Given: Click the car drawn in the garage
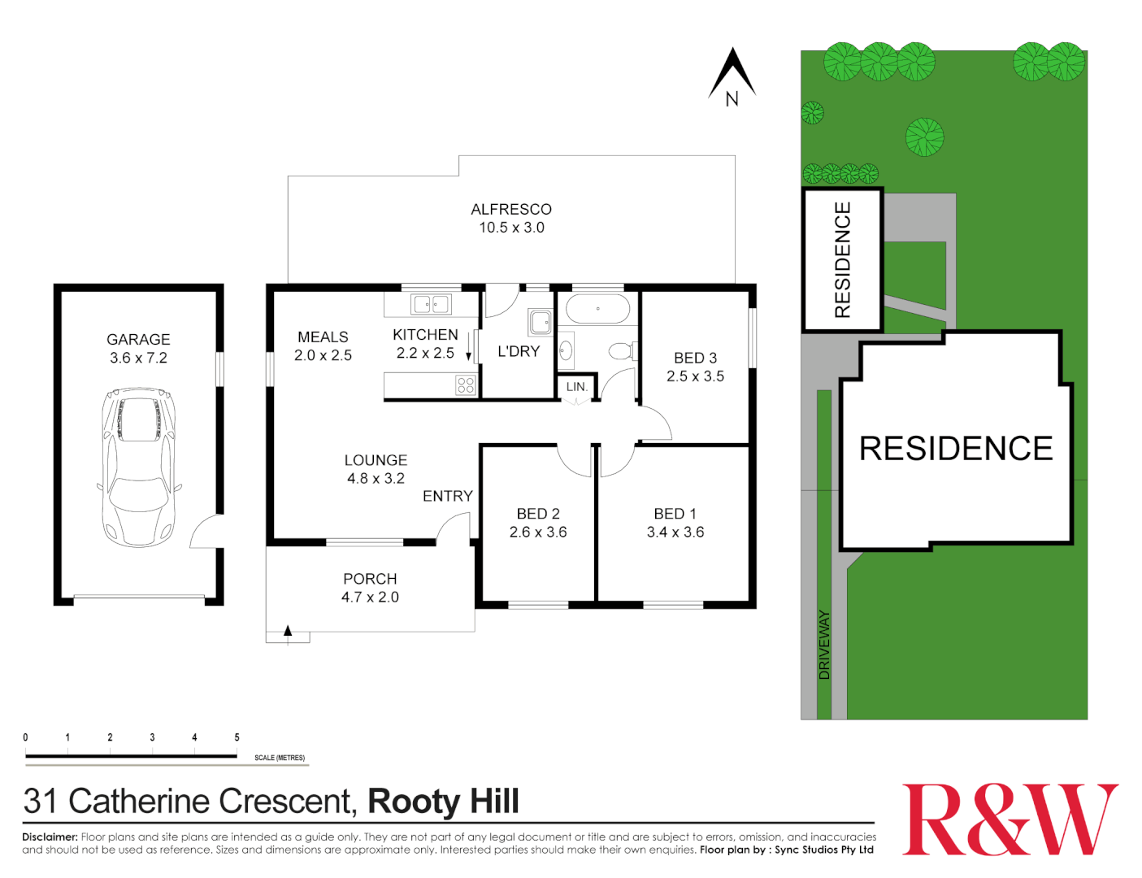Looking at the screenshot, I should click(138, 466).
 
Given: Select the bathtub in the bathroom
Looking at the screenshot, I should click(597, 309).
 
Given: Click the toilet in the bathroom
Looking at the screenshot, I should click(622, 351).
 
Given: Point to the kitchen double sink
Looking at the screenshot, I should click(431, 304).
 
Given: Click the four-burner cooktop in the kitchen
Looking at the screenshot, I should click(466, 385).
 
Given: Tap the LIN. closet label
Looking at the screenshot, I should click(576, 387).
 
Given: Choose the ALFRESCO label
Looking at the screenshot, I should click(511, 210).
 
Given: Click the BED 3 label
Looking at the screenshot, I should click(695, 358).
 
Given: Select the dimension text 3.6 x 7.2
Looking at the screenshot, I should click(138, 358).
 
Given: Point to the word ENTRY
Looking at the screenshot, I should click(447, 496).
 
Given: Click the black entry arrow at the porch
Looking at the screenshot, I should click(288, 630).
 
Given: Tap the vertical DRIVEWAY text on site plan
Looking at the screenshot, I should click(825, 645).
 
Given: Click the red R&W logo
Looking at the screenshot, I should click(1010, 819).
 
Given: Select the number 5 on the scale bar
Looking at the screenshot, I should click(237, 737).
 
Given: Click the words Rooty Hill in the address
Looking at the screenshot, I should click(443, 802).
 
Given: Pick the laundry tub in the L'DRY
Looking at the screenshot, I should click(541, 322).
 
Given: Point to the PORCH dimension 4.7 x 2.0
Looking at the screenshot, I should click(370, 598).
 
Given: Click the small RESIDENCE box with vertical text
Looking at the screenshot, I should click(843, 260).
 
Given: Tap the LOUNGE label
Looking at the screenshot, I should click(376, 460).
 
